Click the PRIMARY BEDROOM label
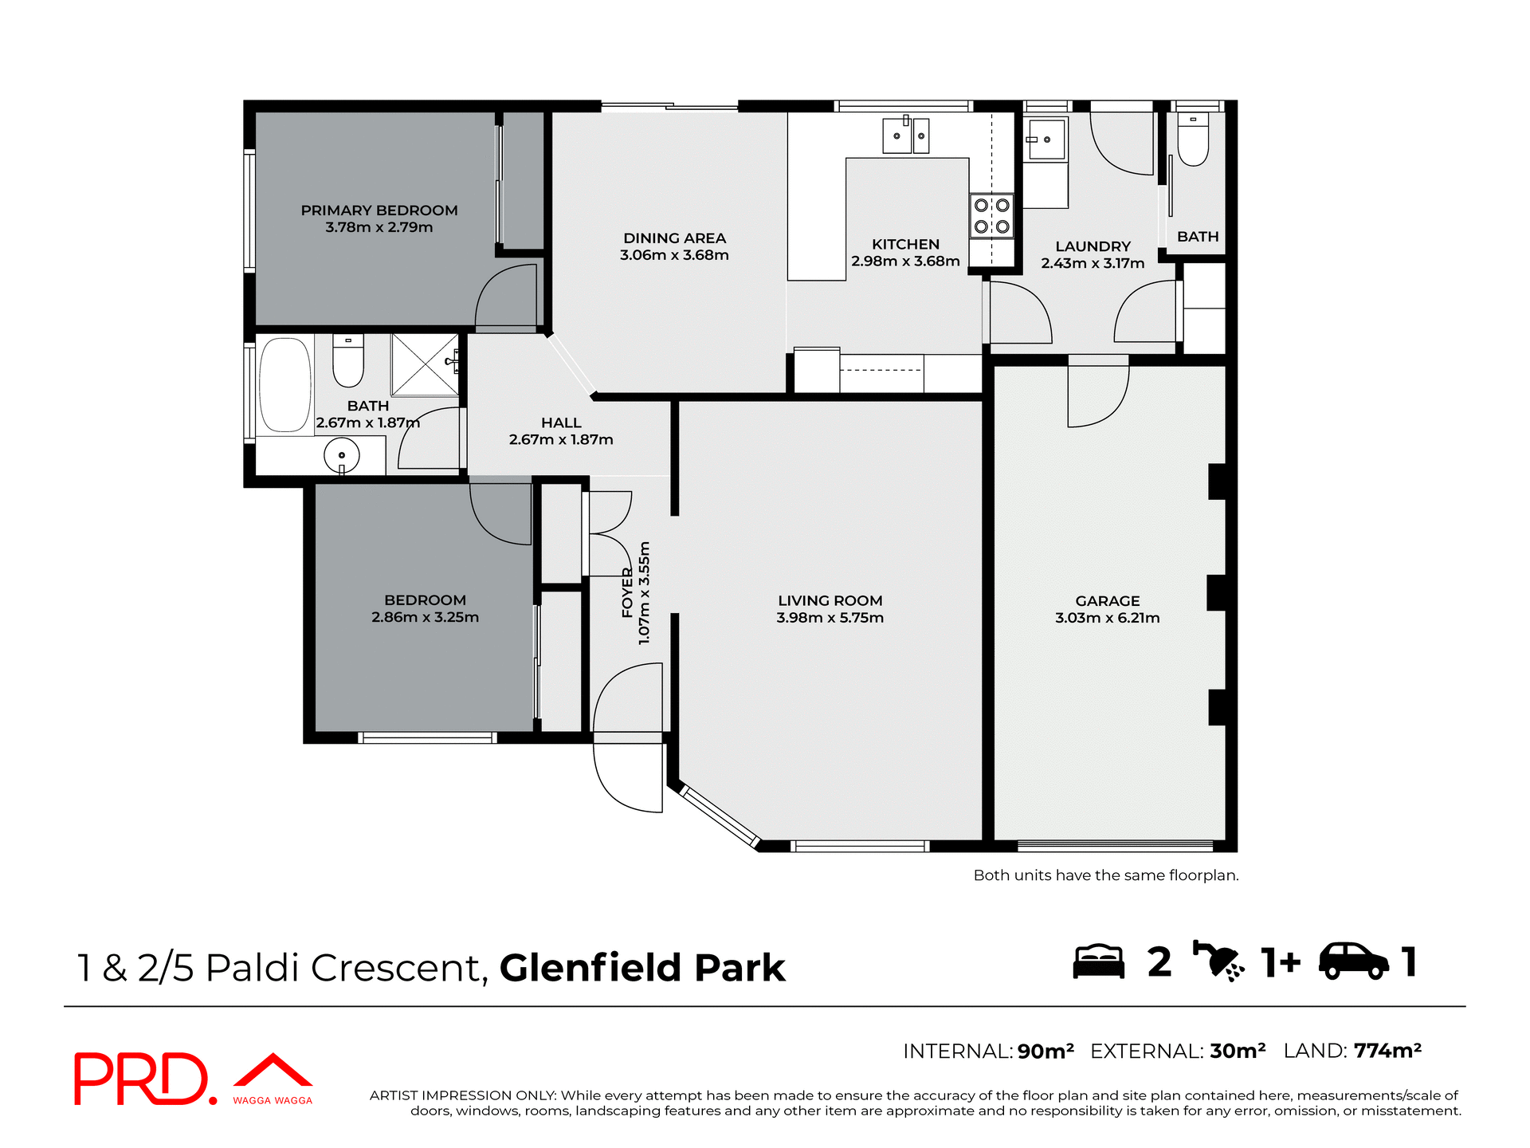click(379, 210)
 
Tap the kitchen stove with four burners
click(991, 215)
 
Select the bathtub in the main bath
click(284, 385)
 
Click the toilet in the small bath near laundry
click(1193, 140)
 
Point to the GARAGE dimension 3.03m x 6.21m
click(1107, 618)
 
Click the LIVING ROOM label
click(830, 600)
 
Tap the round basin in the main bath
click(341, 455)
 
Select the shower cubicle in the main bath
click(424, 364)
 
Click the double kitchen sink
click(906, 136)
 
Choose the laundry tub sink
click(1045, 140)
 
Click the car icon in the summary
click(1352, 961)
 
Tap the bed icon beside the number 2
click(1098, 962)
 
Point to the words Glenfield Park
click(642, 968)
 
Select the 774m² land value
click(1387, 1051)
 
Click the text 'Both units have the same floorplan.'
click(1105, 875)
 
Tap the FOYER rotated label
click(627, 593)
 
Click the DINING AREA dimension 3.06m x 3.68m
click(674, 255)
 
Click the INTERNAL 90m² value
click(1045, 1052)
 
